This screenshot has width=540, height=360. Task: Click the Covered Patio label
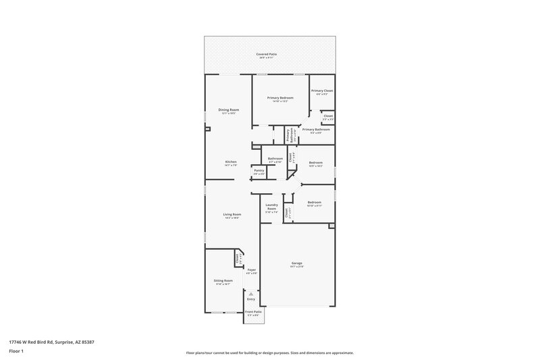coord(266,54)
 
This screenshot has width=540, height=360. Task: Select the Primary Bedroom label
coord(279,98)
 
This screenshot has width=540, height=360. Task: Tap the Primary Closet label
coord(321,91)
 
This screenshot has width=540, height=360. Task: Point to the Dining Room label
coord(228,110)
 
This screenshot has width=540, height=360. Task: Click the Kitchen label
coord(231,162)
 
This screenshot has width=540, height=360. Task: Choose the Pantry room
coord(259,172)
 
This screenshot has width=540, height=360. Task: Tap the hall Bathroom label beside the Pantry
coord(275,159)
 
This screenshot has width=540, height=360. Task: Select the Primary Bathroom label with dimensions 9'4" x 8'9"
coord(316,130)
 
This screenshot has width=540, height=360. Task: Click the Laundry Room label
coord(271,207)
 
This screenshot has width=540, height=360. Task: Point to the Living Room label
coord(232,215)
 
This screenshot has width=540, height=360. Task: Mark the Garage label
coord(296,263)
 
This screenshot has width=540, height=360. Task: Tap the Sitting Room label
coord(223,281)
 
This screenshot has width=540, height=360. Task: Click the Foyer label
coord(251,270)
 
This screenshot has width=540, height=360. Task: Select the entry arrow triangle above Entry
coord(250,294)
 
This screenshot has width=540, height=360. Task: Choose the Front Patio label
coord(253,312)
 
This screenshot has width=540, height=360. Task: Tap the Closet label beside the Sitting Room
coord(238,259)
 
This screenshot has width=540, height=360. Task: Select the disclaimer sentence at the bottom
coord(269,353)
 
